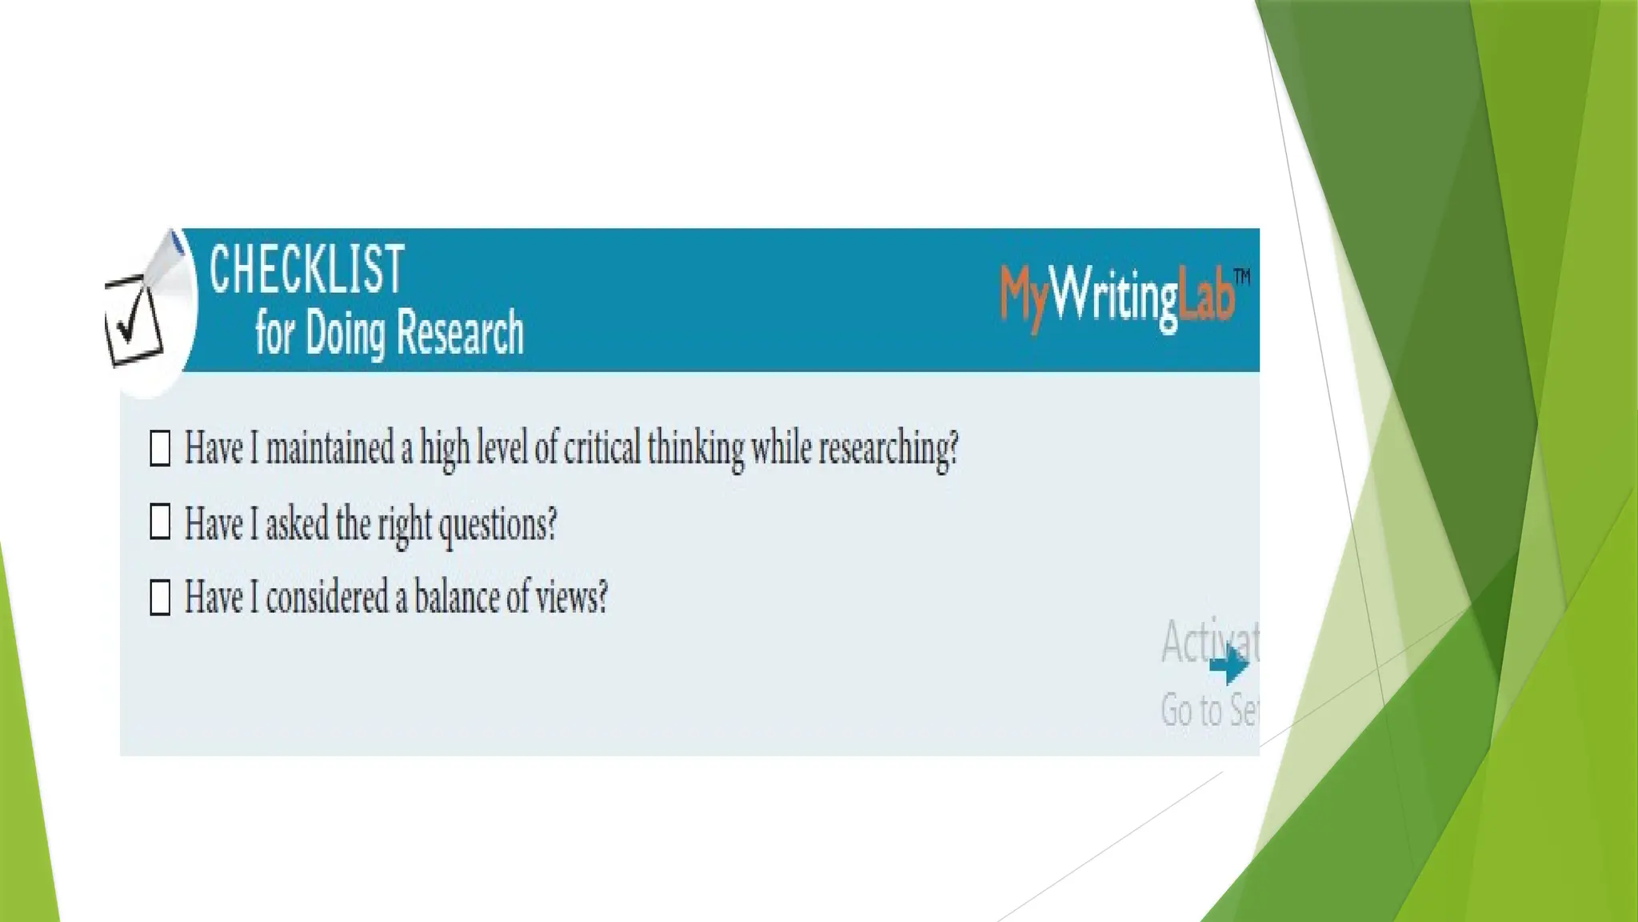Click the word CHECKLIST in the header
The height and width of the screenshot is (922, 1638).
coord(307,270)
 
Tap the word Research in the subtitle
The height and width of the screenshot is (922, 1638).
coord(460,332)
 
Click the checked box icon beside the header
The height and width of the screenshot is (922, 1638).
coord(134,320)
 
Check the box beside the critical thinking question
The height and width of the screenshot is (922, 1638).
coord(160,448)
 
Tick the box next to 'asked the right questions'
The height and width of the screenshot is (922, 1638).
coord(160,522)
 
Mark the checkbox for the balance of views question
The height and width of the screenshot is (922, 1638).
coord(160,597)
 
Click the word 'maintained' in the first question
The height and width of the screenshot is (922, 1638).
coord(330,447)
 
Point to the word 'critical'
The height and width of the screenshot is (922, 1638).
coord(602,447)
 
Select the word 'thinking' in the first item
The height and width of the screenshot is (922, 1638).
coord(696,448)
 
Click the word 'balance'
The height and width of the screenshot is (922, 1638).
coord(456,597)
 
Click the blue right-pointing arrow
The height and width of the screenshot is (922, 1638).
coord(1228,664)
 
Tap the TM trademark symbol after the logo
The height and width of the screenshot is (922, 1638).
coord(1241,277)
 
